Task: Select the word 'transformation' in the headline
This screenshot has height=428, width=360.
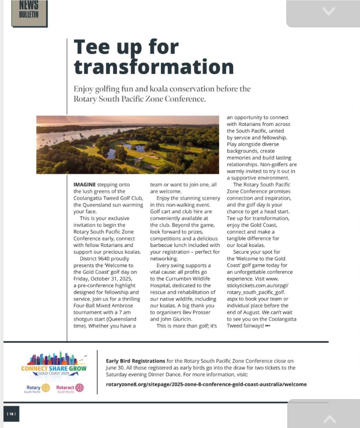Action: [x=153, y=67]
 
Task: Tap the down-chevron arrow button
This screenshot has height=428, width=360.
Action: [x=329, y=11]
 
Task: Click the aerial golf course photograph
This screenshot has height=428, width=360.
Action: [x=127, y=144]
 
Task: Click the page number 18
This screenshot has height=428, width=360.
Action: [x=11, y=414]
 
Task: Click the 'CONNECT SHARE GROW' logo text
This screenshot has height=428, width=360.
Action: [x=54, y=368]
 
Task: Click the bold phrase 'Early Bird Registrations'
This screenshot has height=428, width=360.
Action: [x=135, y=361]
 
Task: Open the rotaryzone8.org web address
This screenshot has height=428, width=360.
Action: [x=206, y=384]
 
